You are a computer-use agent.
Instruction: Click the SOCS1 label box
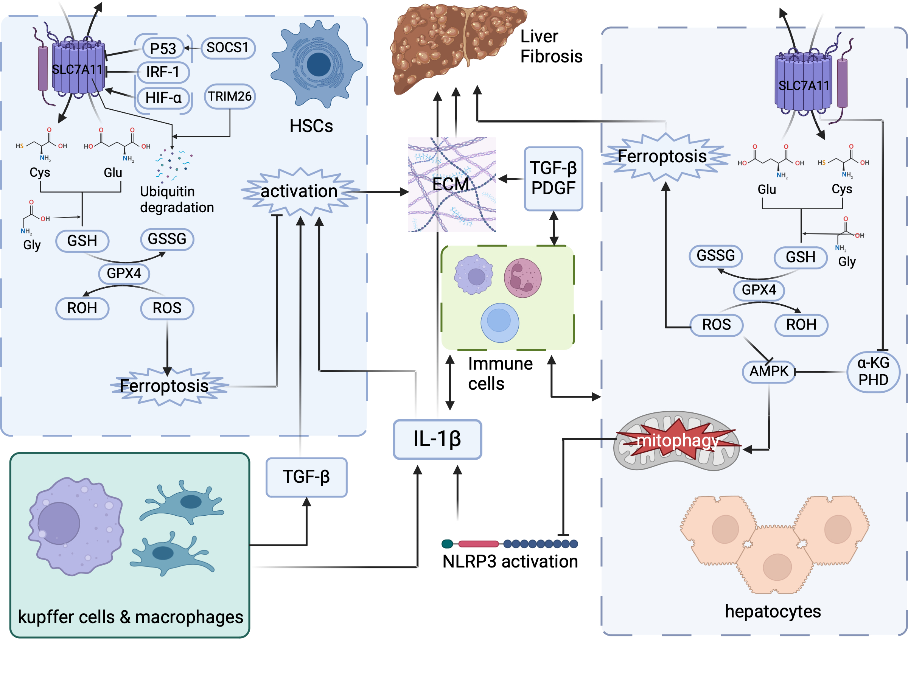[228, 48]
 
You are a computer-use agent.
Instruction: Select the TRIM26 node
[230, 96]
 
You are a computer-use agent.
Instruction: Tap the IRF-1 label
[163, 72]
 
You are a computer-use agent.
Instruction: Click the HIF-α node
[163, 98]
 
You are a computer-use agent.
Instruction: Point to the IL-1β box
[437, 439]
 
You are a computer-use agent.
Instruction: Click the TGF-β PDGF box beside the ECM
[554, 179]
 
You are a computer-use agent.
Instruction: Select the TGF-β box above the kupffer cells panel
[306, 477]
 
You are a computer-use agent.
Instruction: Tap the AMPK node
[769, 371]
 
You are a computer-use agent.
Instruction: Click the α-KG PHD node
[873, 371]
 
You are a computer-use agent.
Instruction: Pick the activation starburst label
[299, 191]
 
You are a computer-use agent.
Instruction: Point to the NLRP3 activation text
[510, 561]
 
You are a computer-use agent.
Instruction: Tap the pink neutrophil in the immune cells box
[522, 278]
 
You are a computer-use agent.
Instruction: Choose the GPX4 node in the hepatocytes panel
[759, 290]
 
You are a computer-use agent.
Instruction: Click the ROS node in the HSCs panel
[167, 308]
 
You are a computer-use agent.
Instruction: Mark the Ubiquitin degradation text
[177, 199]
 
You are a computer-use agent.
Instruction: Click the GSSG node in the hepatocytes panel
[715, 256]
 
